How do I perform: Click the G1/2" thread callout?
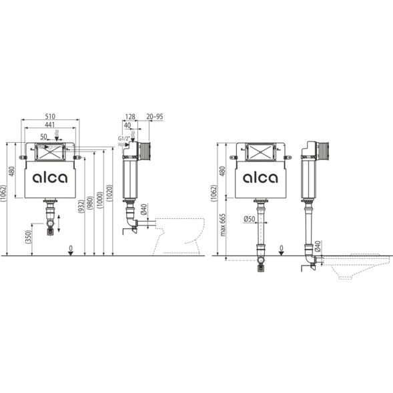point(123,138)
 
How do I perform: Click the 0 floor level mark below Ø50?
point(282,248)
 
